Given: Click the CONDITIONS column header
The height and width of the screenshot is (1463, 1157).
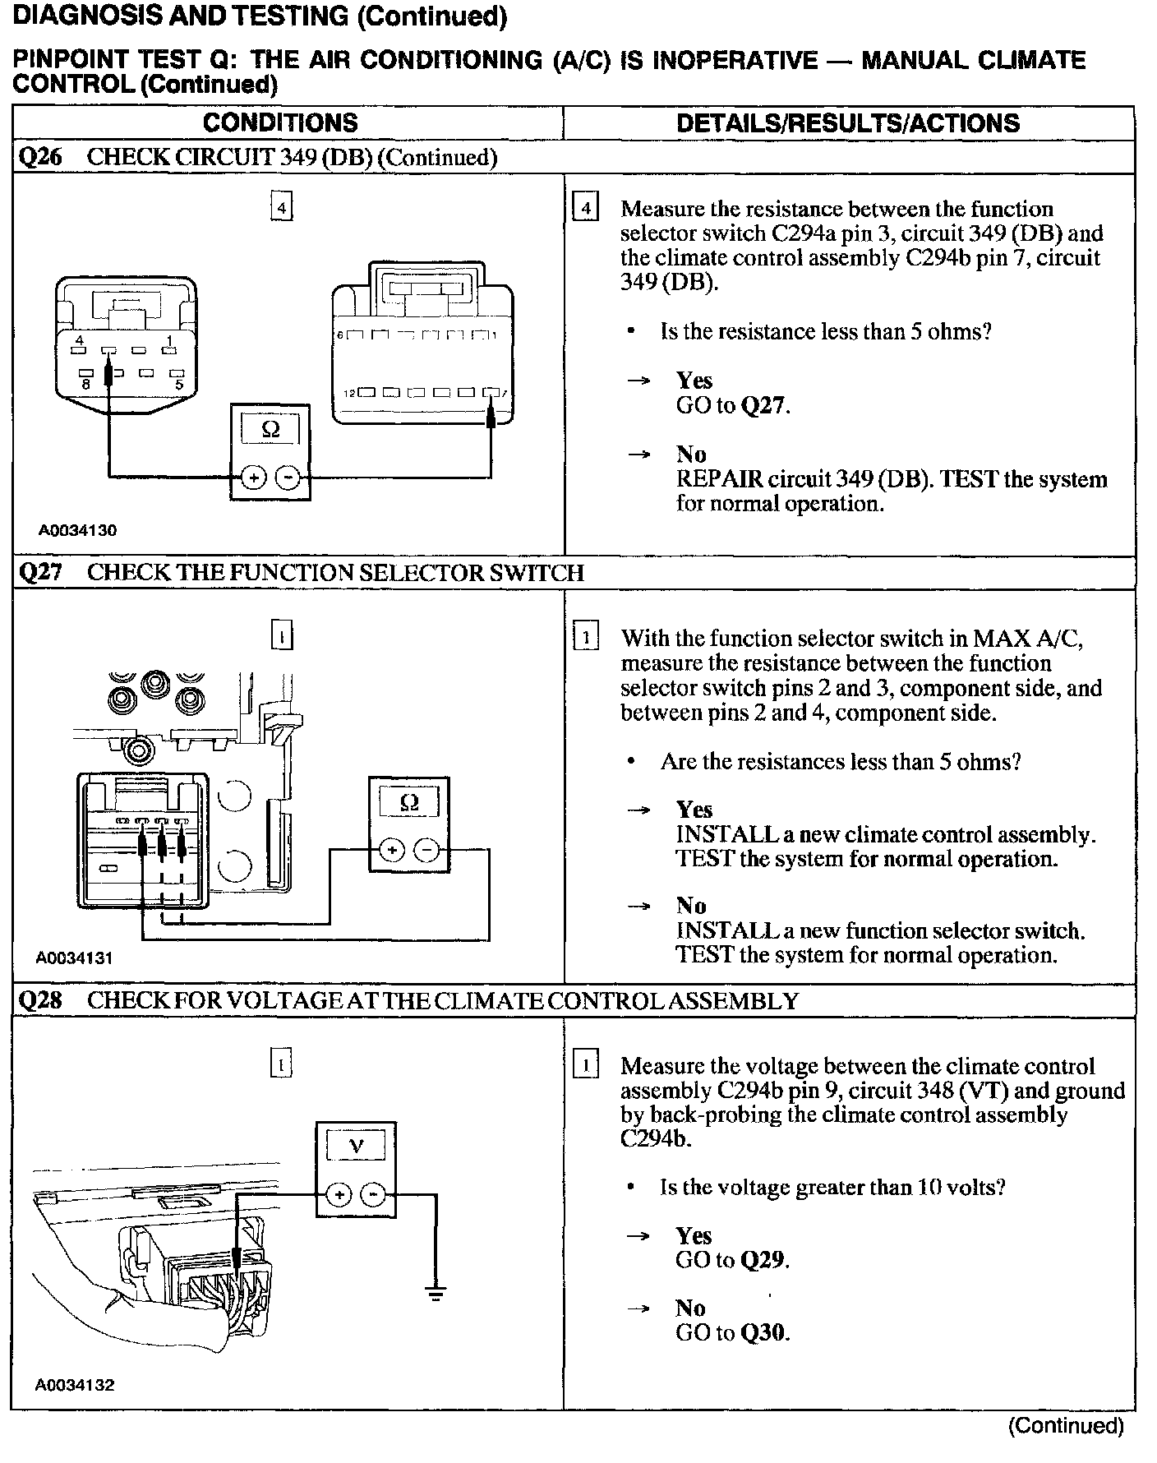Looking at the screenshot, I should (x=280, y=123).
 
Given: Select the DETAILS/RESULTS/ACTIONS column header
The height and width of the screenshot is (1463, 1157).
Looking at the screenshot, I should (x=847, y=123).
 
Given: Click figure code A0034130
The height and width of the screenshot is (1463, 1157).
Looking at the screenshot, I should (x=77, y=530).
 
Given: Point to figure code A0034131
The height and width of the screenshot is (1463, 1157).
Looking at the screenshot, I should (x=74, y=958).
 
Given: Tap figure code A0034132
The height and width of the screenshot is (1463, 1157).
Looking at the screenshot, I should (x=74, y=1385).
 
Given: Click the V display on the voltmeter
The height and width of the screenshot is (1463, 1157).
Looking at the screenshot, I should (x=356, y=1146).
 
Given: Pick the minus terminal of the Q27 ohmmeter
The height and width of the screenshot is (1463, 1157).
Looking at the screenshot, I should (x=426, y=850).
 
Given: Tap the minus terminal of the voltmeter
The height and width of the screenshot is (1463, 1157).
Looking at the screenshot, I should (x=373, y=1194).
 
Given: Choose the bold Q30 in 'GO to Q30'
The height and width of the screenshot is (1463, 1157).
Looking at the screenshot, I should (x=763, y=1333).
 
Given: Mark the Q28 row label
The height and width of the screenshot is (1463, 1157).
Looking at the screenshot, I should (x=39, y=1001).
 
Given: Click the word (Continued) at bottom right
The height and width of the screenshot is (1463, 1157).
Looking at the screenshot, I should (x=1065, y=1426).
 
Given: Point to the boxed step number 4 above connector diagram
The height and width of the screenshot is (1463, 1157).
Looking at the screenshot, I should (x=281, y=209).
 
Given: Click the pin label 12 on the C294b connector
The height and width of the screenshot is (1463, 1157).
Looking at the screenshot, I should (x=349, y=394).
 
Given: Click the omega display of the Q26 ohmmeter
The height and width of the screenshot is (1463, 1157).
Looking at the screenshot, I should (x=270, y=429).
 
